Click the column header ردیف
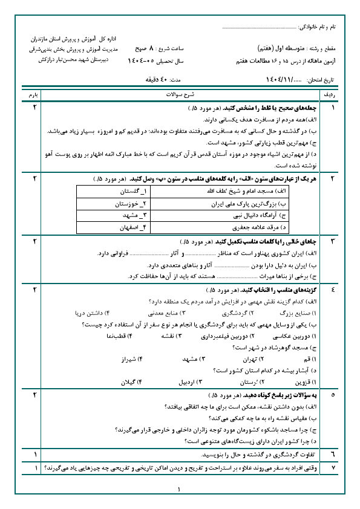point(332,96)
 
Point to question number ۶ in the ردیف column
point(332,454)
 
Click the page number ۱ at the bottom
point(180,491)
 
